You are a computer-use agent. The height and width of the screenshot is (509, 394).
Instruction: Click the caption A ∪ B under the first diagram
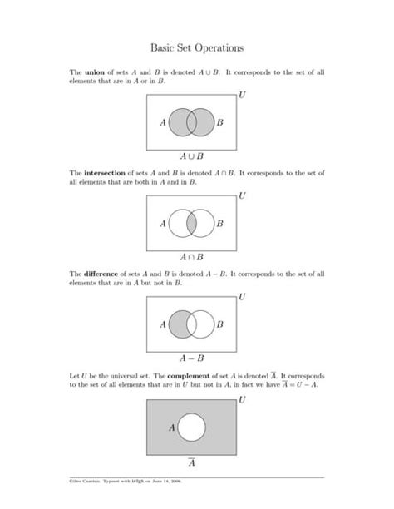(x=192, y=156)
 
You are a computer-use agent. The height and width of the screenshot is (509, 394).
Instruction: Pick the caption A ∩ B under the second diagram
(x=192, y=257)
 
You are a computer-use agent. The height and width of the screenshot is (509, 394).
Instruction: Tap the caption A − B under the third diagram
(x=192, y=358)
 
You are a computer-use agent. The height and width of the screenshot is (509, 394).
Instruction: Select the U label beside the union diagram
(x=242, y=95)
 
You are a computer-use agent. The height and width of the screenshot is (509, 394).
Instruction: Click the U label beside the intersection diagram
(x=242, y=196)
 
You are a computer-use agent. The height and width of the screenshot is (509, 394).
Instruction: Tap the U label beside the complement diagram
(x=242, y=399)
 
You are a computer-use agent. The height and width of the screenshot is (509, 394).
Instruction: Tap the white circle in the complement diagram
(x=192, y=427)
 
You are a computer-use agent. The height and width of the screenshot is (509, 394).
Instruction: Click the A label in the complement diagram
(x=172, y=427)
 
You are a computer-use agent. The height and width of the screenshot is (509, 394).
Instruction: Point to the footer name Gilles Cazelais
(x=87, y=482)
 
